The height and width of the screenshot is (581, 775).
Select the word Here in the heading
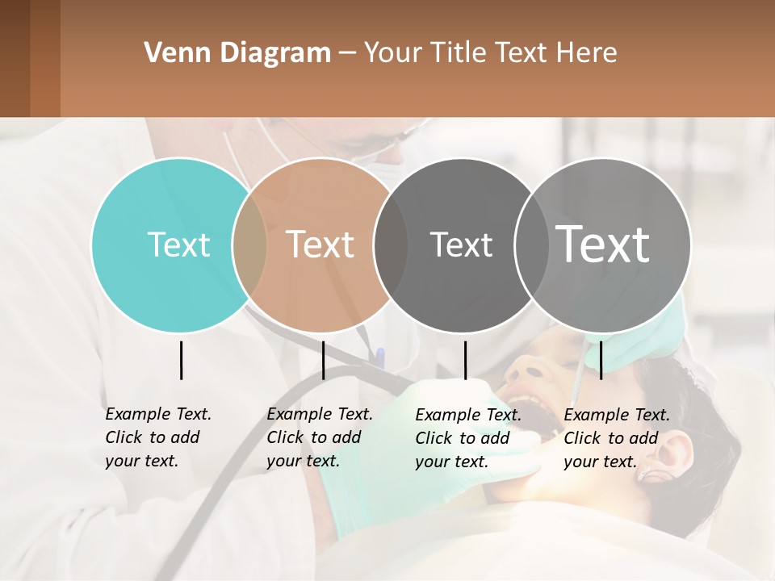587,53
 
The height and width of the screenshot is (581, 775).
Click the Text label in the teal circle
178,245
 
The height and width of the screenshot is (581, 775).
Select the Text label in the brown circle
320,245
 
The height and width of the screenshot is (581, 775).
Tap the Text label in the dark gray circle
461,245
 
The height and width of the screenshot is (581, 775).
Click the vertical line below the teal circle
181,360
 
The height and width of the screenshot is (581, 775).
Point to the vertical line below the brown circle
323,360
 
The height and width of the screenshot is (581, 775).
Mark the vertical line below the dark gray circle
465,360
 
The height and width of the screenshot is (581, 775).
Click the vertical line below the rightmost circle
601,360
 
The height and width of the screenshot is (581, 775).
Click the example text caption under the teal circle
157,437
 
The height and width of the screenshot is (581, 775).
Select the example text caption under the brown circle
319,437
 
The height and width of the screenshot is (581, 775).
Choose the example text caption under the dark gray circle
467,438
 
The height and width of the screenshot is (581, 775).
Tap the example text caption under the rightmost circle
616,438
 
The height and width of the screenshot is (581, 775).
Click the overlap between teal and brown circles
249,245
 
